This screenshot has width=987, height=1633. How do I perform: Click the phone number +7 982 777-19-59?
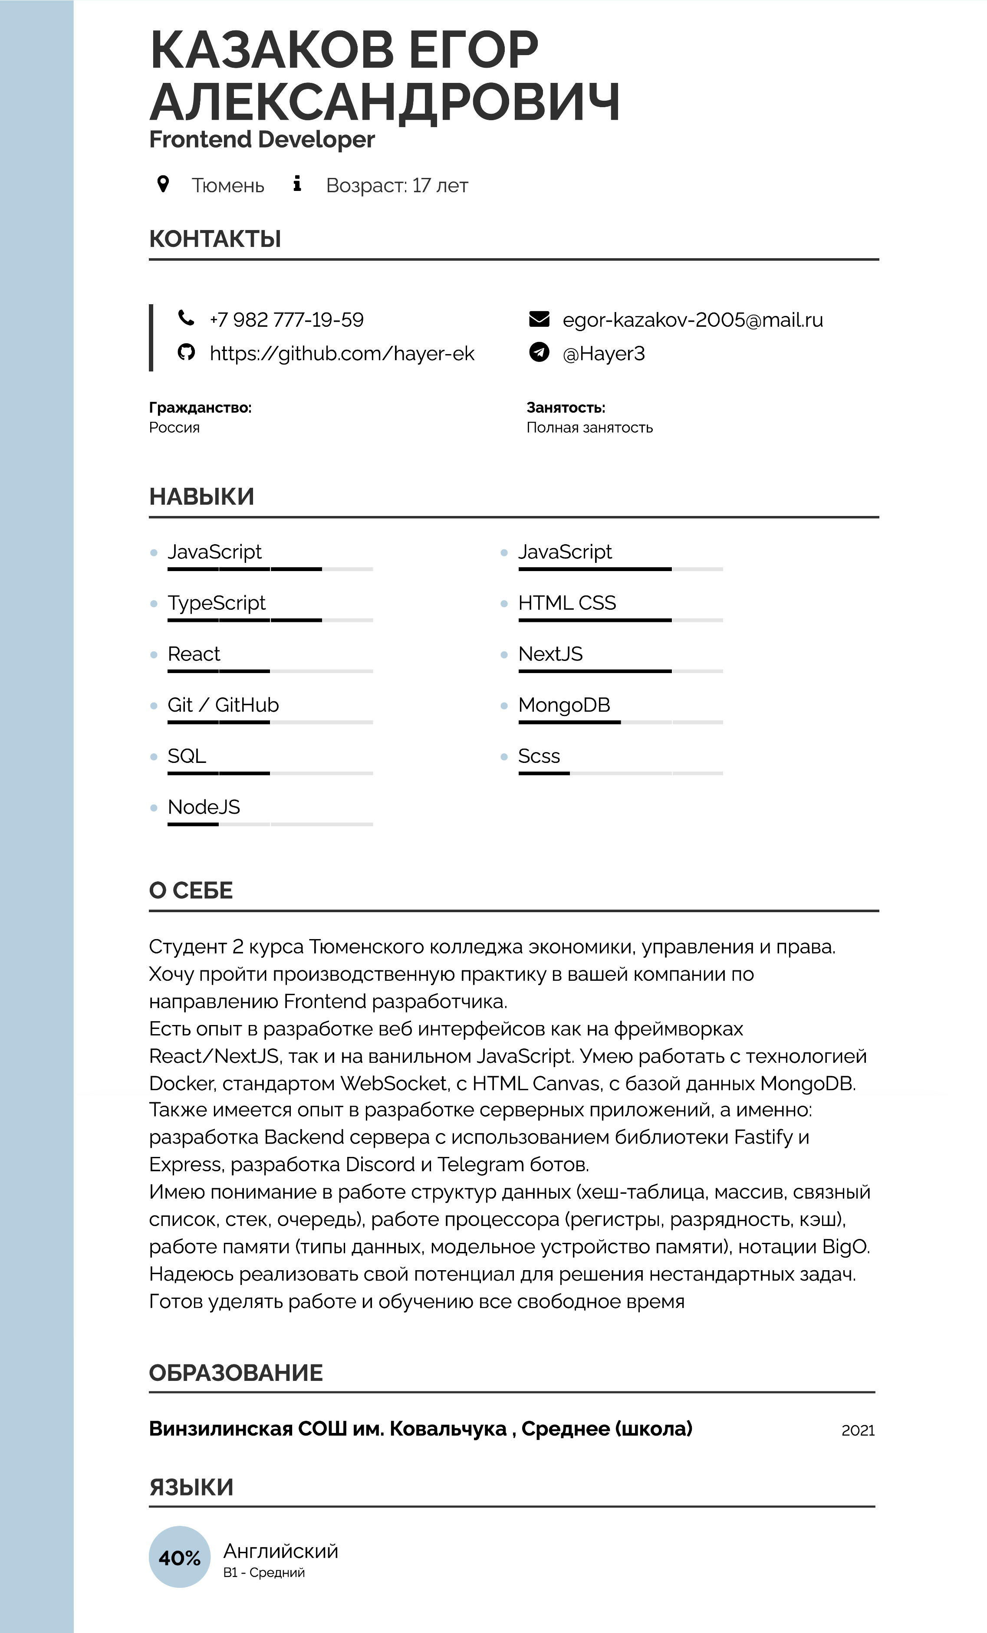[x=286, y=320]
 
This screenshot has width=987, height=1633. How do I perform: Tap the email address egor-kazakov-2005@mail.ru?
[x=693, y=320]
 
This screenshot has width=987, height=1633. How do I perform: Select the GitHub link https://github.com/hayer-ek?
[x=342, y=354]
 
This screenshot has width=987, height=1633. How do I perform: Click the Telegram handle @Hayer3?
[x=603, y=354]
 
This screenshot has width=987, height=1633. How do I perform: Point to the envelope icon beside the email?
[x=539, y=319]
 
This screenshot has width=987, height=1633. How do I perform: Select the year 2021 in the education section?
[x=858, y=1430]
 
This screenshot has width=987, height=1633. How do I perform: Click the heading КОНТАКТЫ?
[x=215, y=239]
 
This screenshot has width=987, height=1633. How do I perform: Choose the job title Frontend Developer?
[x=262, y=140]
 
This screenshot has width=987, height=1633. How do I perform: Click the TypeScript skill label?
[x=216, y=603]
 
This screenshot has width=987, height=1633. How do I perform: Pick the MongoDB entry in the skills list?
[x=564, y=705]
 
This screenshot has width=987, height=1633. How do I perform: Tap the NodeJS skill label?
[x=204, y=807]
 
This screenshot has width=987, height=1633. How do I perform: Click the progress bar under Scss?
[x=620, y=773]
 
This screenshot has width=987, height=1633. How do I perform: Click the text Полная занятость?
[x=589, y=427]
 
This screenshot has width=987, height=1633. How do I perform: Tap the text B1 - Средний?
[x=264, y=1573]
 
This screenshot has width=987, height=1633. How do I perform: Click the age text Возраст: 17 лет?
[x=397, y=186]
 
